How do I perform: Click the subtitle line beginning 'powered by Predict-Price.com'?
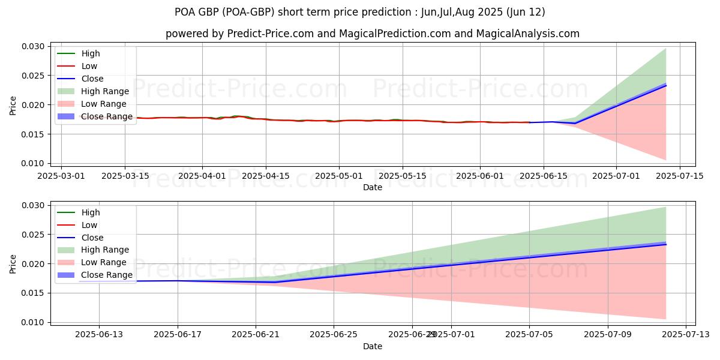click(373, 34)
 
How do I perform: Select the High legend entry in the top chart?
click(91, 53)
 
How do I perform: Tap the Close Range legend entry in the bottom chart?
click(107, 275)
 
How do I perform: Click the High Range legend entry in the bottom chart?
click(105, 250)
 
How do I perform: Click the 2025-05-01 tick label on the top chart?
click(338, 176)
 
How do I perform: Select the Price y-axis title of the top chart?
click(13, 105)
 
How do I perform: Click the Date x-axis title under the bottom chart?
click(373, 346)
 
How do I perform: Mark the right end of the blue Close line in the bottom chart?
click(666, 244)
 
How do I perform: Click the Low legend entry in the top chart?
click(89, 66)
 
